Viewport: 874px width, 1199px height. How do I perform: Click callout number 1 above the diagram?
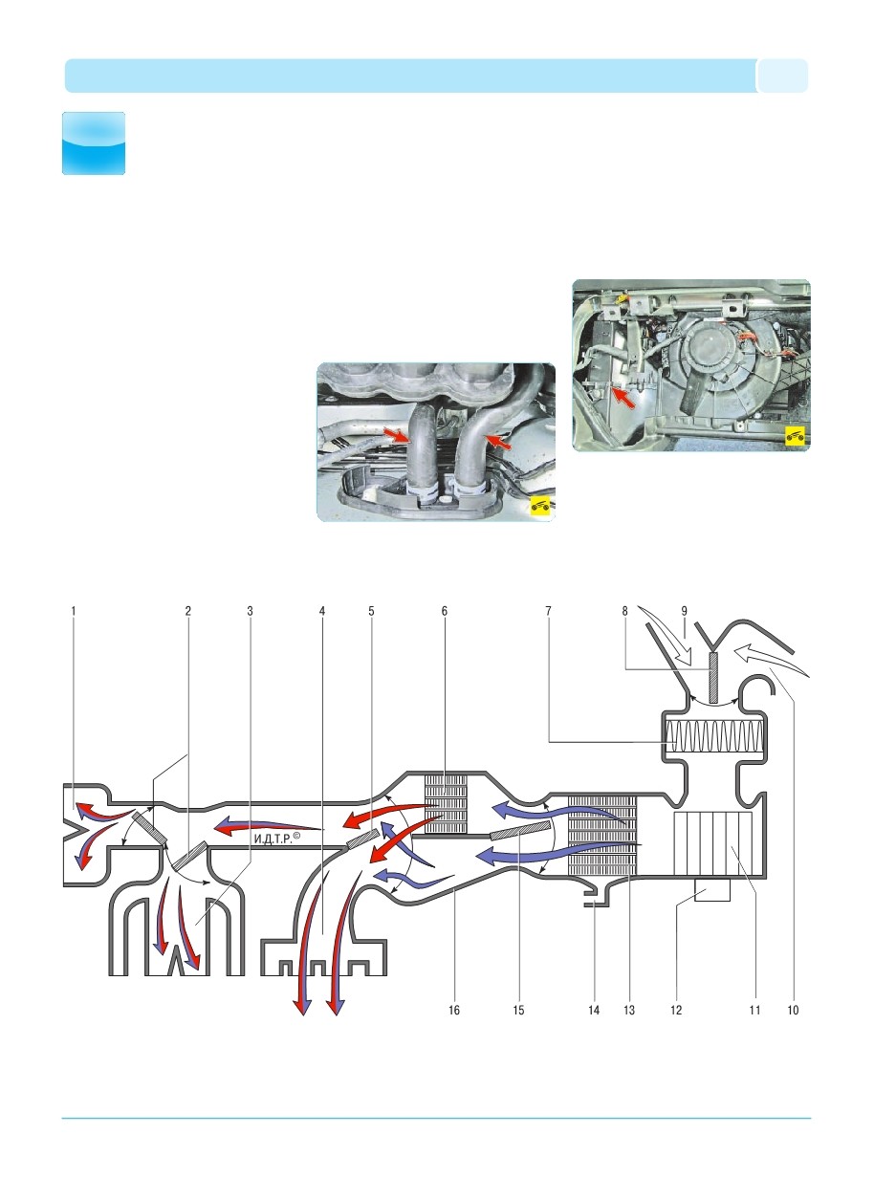click(x=72, y=609)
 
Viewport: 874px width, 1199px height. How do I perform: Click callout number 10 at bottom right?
click(x=794, y=1009)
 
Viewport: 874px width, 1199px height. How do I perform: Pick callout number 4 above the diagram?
click(x=322, y=609)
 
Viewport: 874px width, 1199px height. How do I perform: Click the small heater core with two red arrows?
click(x=446, y=804)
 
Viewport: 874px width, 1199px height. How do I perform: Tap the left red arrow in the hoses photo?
click(x=395, y=436)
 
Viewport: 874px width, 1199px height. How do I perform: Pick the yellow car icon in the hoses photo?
click(x=541, y=506)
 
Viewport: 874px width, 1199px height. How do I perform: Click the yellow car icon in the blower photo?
click(x=793, y=436)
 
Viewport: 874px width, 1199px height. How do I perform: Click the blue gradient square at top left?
click(x=94, y=143)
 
